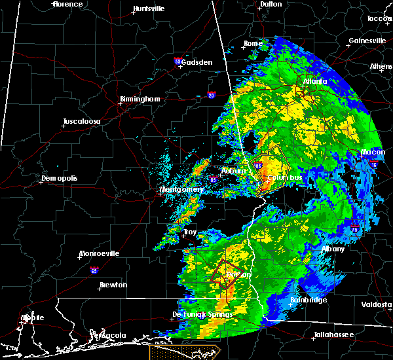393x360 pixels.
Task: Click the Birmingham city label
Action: tap(140, 99)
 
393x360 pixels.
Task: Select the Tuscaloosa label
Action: tap(81, 122)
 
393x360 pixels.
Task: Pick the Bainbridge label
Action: tap(309, 300)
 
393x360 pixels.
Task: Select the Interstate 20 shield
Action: tap(212, 95)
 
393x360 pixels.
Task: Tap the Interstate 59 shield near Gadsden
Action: tap(178, 61)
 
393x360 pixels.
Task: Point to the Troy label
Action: tap(190, 232)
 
